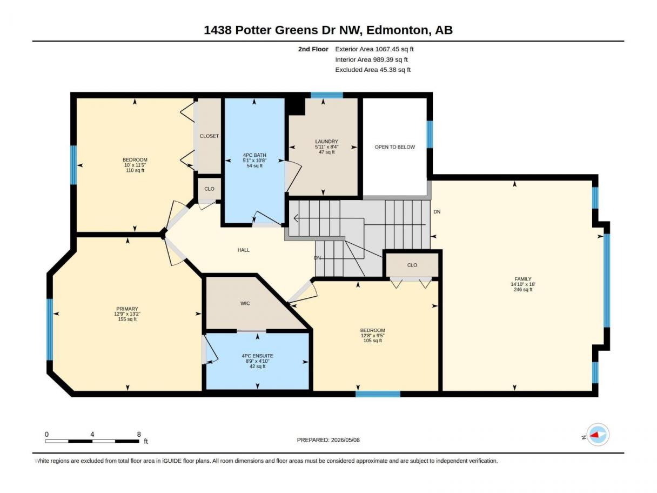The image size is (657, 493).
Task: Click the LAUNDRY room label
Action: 326,142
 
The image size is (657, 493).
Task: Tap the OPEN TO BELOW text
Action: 394,147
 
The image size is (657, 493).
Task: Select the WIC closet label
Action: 245,303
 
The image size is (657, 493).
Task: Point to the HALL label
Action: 243,250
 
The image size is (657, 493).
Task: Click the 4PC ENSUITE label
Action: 257,356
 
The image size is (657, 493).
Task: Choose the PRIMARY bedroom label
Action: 127,309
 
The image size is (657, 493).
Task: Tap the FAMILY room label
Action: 523,279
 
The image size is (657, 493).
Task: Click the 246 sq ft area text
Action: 523,289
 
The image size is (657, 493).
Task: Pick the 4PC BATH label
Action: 254,155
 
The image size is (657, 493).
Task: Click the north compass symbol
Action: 598,435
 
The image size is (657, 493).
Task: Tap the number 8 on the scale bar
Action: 138,434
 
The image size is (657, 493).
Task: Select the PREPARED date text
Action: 328,440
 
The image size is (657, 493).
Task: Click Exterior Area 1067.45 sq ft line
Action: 374,49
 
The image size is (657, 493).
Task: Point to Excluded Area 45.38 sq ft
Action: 373,70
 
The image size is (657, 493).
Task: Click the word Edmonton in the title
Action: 397,30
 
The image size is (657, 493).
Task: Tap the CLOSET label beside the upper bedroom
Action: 209,136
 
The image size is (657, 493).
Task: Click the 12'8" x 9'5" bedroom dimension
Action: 372,336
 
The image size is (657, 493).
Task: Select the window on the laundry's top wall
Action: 326,95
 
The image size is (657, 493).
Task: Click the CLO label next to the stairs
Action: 412,265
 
